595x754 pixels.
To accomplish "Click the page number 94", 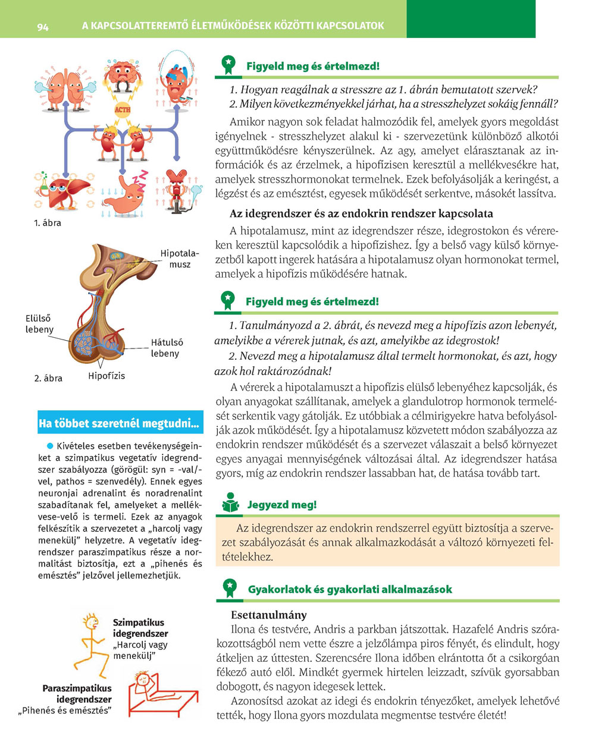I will (42, 27).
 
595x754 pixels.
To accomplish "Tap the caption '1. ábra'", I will (48, 223).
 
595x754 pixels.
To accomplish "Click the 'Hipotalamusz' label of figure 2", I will (179, 259).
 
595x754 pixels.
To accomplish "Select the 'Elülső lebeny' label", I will (39, 324).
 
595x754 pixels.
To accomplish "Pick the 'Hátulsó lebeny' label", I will (166, 348).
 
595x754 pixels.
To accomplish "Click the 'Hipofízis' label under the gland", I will (107, 376).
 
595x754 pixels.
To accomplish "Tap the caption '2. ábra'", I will (48, 378).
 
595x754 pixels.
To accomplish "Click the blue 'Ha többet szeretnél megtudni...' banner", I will (120, 423).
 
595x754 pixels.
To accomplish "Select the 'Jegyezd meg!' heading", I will (282, 505).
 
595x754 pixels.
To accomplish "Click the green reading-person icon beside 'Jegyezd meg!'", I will (230, 503).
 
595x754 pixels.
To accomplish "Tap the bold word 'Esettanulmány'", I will (269, 615).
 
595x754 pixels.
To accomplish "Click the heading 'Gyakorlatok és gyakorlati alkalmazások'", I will (350, 589).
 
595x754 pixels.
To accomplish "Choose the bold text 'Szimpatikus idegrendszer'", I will (140, 628).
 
